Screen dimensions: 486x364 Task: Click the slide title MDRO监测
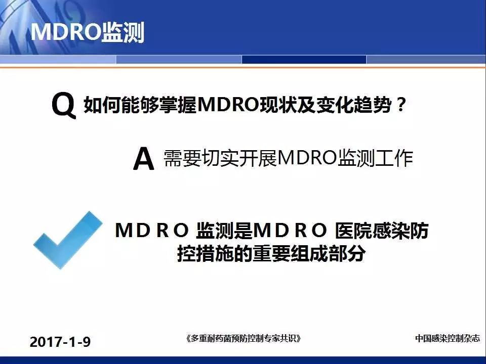[x=88, y=32]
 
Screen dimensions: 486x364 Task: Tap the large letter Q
[x=64, y=105]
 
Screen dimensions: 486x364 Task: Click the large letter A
[x=143, y=159]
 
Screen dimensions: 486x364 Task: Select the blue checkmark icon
[x=68, y=240]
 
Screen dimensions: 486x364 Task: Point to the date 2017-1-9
[x=60, y=342]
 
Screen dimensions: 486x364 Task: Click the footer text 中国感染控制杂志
[x=447, y=338]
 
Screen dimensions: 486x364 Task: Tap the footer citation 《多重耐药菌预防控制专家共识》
[x=244, y=338]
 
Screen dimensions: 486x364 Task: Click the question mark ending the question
[x=400, y=105]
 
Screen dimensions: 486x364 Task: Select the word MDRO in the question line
[x=228, y=105]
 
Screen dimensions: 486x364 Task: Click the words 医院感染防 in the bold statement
[x=382, y=231]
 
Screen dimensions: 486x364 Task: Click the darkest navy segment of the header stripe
[x=304, y=60]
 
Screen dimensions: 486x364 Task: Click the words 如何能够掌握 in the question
[x=140, y=105]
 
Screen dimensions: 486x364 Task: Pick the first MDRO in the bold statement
[x=152, y=231]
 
